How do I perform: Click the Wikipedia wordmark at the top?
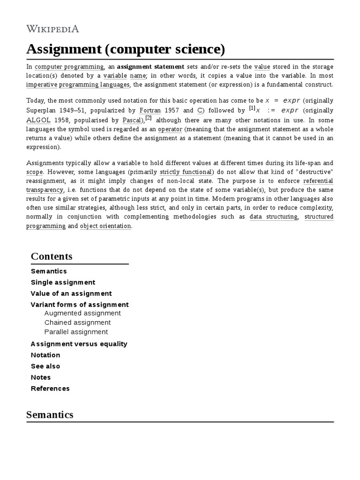click(x=52, y=29)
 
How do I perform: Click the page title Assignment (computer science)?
click(x=126, y=49)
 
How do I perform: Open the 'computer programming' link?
click(x=69, y=67)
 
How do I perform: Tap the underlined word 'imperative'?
click(x=42, y=84)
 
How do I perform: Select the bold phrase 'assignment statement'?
click(x=150, y=67)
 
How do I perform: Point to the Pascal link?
click(x=132, y=120)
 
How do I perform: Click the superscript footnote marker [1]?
click(x=252, y=108)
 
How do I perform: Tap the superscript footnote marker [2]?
click(x=148, y=117)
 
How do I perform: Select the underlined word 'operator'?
click(x=170, y=128)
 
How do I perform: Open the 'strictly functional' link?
click(x=186, y=172)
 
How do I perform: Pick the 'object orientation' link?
click(x=105, y=225)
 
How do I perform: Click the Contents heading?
click(x=52, y=256)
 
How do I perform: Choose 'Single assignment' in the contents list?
click(x=63, y=282)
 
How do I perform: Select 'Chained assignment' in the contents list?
click(x=77, y=322)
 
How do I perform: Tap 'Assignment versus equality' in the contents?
click(x=79, y=344)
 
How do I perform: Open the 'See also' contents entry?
click(x=45, y=366)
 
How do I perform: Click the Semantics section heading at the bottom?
click(x=50, y=414)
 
